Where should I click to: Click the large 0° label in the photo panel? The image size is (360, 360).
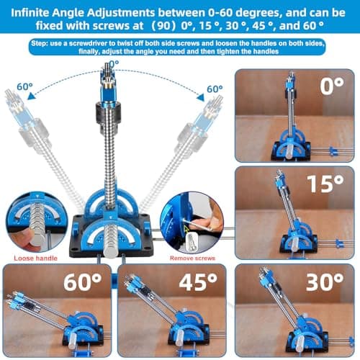(332, 86)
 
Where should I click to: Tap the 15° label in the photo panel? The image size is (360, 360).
(325, 184)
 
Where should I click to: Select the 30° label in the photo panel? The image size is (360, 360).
(325, 282)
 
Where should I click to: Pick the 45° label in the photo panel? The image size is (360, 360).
(198, 282)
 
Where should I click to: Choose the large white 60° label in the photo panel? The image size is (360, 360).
(83, 282)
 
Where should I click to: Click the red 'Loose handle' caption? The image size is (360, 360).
(35, 258)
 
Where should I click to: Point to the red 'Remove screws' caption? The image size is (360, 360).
(192, 258)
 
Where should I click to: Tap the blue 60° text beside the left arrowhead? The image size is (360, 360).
(24, 86)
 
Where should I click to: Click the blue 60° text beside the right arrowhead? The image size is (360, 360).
(215, 89)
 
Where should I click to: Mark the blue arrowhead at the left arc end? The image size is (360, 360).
(32, 96)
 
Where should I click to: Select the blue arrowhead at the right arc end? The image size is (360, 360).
(201, 97)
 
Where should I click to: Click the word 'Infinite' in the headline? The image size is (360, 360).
(30, 13)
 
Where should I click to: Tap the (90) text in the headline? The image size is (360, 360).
(163, 26)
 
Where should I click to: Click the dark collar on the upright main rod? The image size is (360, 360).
(108, 114)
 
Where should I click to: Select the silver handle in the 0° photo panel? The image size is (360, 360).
(289, 153)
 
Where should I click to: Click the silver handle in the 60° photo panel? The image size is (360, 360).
(72, 341)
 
